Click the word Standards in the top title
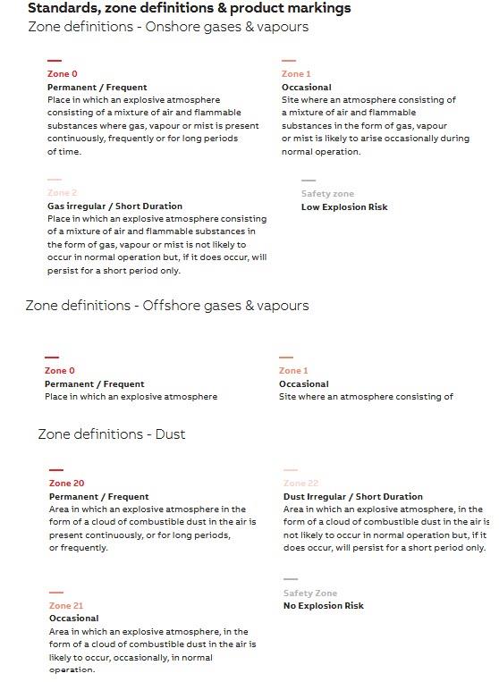click(63, 8)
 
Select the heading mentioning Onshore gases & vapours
click(168, 27)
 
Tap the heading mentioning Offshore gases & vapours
click(166, 306)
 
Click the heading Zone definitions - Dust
click(111, 434)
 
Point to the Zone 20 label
click(66, 484)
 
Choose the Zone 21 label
click(66, 606)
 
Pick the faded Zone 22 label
click(300, 484)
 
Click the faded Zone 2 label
click(63, 193)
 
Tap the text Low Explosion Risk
click(344, 207)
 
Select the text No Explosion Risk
click(324, 606)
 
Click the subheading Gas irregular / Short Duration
click(114, 206)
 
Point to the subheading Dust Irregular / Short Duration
click(353, 497)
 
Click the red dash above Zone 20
click(56, 470)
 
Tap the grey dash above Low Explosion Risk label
click(309, 181)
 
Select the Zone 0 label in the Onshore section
click(63, 74)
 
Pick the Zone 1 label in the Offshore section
click(293, 371)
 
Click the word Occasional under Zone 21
click(74, 619)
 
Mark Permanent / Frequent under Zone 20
click(98, 497)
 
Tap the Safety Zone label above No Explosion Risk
click(310, 594)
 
